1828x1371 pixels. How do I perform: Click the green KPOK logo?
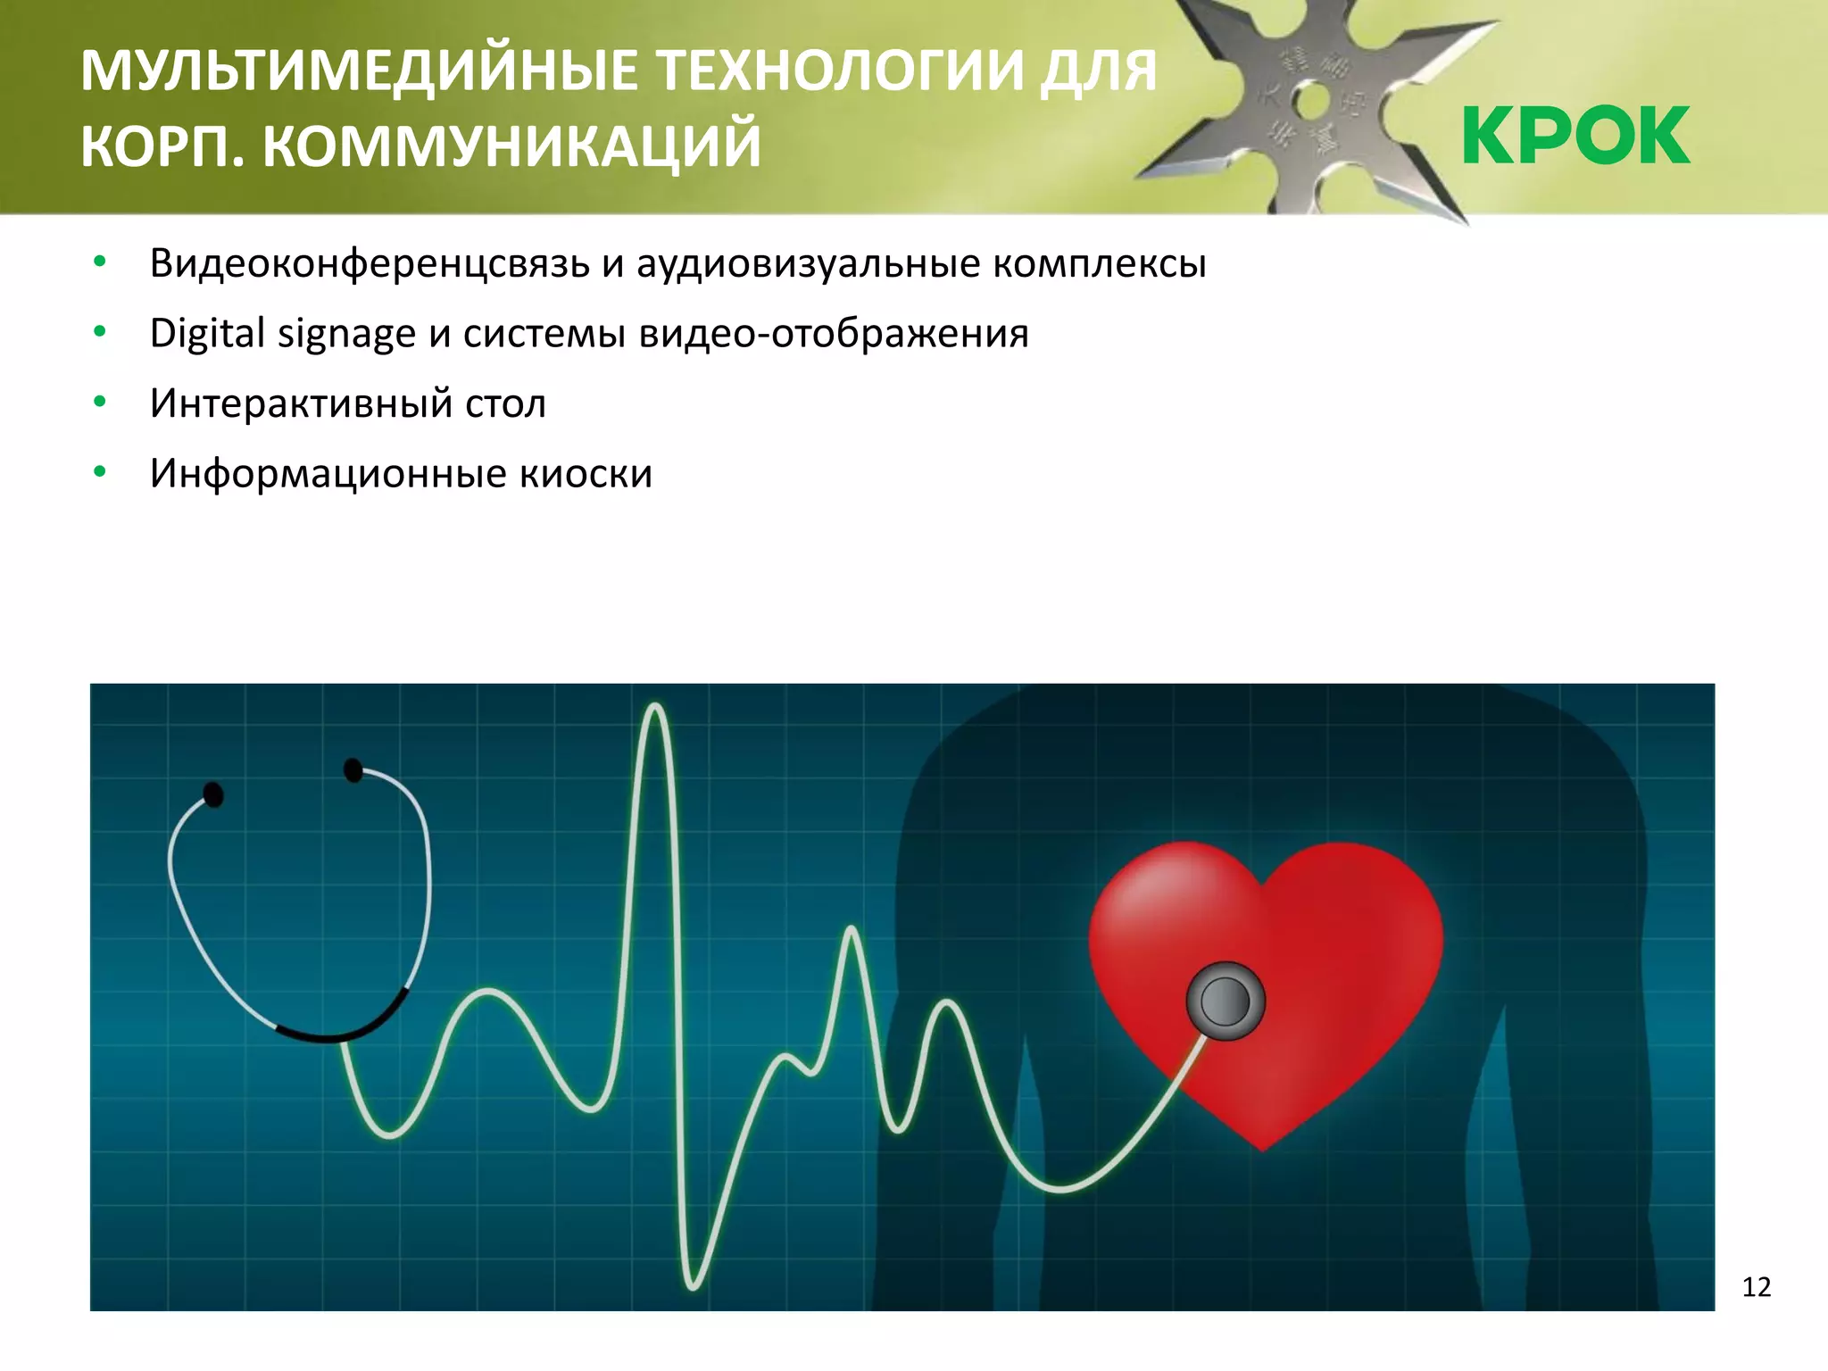click(x=1575, y=136)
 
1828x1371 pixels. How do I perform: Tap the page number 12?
click(x=1756, y=1287)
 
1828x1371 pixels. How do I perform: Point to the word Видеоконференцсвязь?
click(x=370, y=264)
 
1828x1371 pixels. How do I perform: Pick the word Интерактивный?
click(x=301, y=403)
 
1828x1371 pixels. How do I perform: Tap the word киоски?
click(x=586, y=473)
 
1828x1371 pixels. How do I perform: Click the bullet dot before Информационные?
click(x=100, y=471)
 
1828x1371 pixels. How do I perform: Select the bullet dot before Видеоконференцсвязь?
click(x=100, y=262)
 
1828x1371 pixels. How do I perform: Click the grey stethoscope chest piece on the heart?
click(x=1226, y=1001)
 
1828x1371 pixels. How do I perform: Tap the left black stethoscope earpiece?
click(x=213, y=794)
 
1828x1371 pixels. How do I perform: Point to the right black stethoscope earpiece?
click(x=353, y=769)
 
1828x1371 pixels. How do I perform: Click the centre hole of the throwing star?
click(x=1309, y=102)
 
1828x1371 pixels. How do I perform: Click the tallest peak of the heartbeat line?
click(x=656, y=708)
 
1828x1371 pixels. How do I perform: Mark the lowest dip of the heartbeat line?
click(x=694, y=1286)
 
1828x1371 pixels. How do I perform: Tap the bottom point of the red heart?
click(x=1262, y=1149)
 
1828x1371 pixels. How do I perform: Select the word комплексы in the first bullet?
click(x=1100, y=264)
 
